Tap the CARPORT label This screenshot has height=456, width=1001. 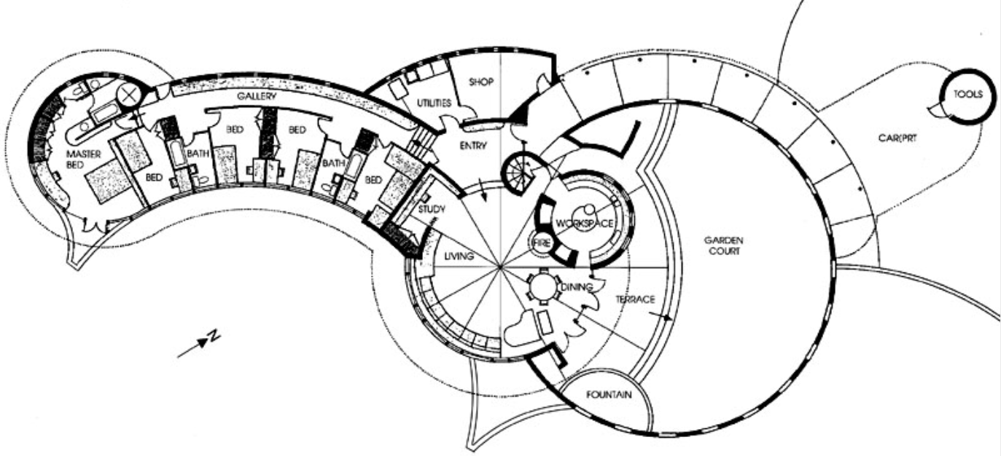tap(897, 139)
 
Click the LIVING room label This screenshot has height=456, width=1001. tap(459, 256)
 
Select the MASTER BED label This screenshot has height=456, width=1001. tap(82, 160)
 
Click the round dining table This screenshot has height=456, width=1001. tap(543, 288)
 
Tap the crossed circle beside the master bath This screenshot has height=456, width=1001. tap(131, 95)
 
